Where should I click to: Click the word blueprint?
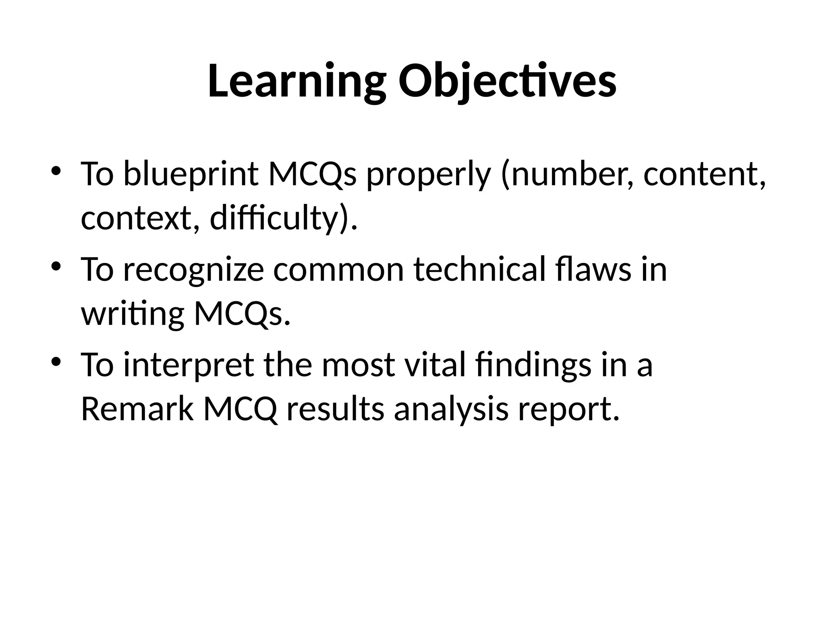[190, 174]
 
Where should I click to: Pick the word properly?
[428, 174]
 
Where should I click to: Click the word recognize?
[193, 270]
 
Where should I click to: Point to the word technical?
[479, 270]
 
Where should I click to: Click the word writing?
[133, 314]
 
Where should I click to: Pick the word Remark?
[137, 409]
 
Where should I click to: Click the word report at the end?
[568, 409]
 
